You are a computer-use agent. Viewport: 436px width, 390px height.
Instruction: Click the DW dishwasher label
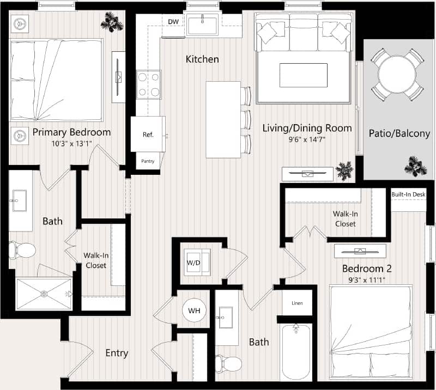(x=173, y=22)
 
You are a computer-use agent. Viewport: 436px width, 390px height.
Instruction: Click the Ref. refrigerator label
(x=148, y=134)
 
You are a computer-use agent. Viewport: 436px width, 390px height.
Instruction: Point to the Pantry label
(x=148, y=161)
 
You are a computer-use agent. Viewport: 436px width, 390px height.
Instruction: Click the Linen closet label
(x=297, y=303)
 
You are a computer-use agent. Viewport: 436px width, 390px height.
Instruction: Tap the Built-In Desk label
(x=408, y=194)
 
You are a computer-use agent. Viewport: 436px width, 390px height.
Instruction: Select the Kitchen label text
(x=202, y=59)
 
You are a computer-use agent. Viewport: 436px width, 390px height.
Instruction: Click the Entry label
(x=117, y=353)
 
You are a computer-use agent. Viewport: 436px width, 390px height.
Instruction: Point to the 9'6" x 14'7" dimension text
(x=307, y=139)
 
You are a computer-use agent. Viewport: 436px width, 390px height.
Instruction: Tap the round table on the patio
(x=397, y=74)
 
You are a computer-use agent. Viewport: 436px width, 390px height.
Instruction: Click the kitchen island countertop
(x=223, y=119)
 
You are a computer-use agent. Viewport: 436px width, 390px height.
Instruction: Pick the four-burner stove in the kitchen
(x=148, y=84)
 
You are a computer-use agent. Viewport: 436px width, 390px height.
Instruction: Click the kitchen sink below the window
(x=202, y=25)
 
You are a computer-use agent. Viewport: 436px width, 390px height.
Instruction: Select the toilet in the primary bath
(x=22, y=251)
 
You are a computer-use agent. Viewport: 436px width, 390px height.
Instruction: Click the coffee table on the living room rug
(x=303, y=75)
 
